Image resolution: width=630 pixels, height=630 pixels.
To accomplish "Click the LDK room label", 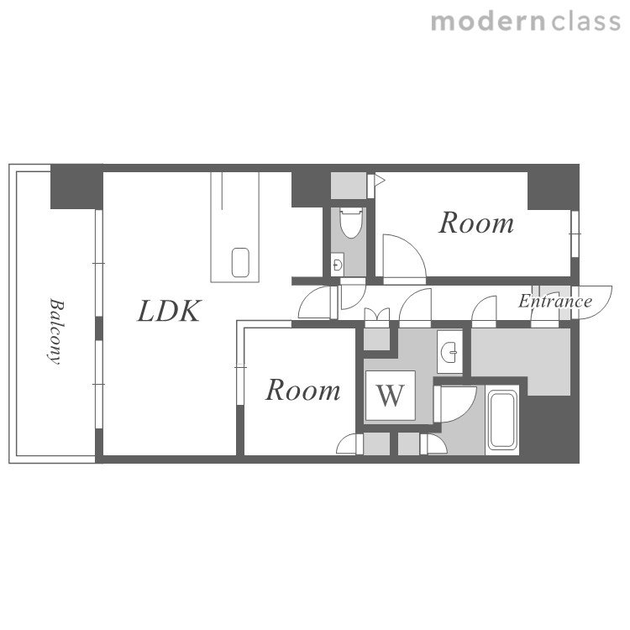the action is point(169,312).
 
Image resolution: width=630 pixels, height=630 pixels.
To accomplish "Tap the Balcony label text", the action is point(55,331).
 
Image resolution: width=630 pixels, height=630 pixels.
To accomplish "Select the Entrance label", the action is point(555,301).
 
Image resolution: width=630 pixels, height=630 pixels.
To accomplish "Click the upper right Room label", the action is point(476,223).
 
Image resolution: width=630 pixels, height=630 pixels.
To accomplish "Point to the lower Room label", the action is point(302,390).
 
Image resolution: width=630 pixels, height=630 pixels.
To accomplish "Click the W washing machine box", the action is point(390,396).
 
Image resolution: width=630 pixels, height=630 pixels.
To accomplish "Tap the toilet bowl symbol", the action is point(350,223).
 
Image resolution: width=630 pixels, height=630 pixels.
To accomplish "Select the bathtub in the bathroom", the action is point(501,419).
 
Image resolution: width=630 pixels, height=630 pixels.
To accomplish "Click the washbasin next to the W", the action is point(449,352).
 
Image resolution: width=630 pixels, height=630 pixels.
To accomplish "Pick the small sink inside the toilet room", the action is point(337,265).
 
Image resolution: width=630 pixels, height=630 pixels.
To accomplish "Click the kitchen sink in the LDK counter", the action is point(240,262).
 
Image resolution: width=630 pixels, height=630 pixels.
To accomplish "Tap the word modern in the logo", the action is point(488,22).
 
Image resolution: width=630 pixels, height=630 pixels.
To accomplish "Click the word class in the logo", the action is point(586,22).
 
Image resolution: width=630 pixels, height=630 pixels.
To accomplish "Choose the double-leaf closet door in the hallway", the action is point(377,314).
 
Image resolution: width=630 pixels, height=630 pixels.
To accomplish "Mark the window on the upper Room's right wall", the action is point(575,234).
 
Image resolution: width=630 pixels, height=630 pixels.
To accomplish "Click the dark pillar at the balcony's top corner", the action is point(76,186).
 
